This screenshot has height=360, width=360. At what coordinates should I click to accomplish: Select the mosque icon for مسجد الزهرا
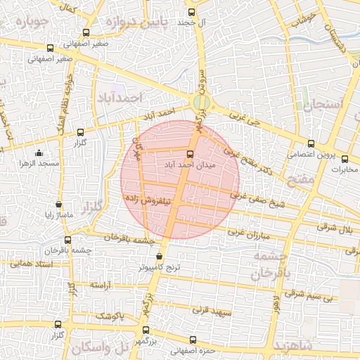point(38,153)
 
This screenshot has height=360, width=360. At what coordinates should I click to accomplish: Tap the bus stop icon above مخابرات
point(344,157)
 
